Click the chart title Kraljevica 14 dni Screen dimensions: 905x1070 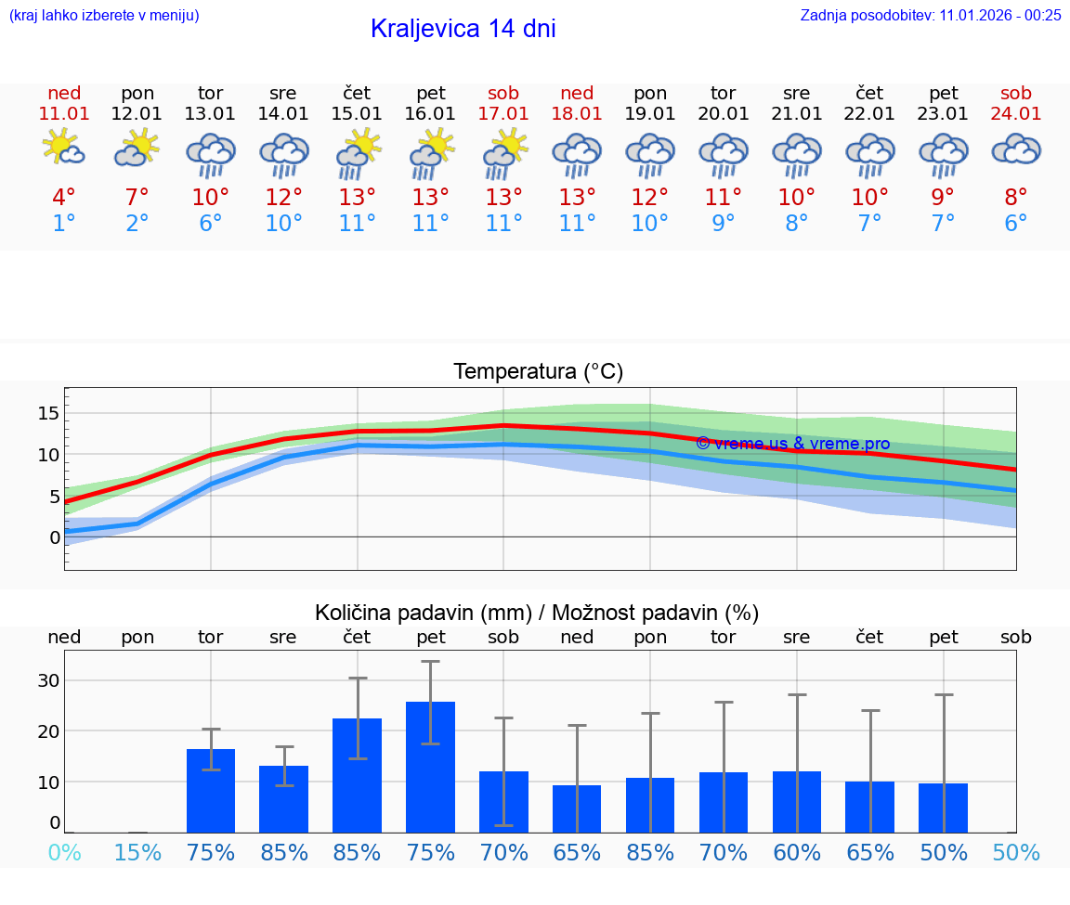pos(463,29)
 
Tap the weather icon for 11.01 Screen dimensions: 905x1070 pos(64,149)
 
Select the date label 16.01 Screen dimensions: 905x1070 pos(430,114)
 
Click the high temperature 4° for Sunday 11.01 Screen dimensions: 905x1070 pos(64,198)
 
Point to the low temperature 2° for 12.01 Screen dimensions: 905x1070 pos(137,224)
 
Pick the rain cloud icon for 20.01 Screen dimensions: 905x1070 pos(724,155)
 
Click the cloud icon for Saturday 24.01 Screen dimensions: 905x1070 pos(1016,149)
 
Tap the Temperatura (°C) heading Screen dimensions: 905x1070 pos(538,372)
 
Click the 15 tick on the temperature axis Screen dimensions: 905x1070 pos(48,413)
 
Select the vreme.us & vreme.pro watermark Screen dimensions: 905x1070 pos(792,444)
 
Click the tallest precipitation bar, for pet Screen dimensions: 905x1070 pos(430,767)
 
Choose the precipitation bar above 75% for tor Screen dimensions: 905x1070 pos(211,791)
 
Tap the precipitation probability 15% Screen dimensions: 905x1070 pos(137,853)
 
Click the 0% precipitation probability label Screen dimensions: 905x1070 pos(64,853)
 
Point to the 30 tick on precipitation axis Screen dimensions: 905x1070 pos(48,680)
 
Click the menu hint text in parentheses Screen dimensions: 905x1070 pos(103,15)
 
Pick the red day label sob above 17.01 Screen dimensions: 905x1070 pos(503,93)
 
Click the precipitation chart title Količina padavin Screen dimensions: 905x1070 pos(537,613)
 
